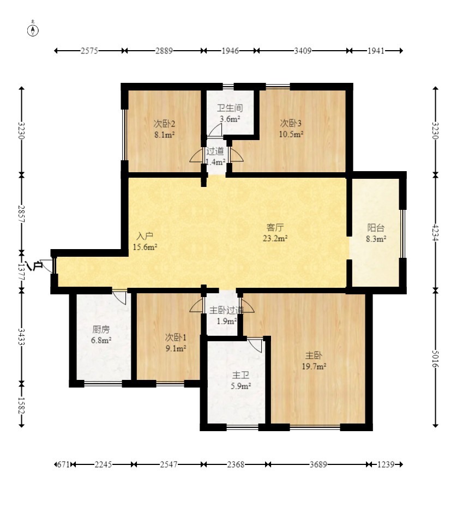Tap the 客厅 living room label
[x=275, y=227]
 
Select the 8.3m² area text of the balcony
[x=376, y=239]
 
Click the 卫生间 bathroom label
[x=230, y=108]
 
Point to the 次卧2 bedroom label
[x=164, y=124]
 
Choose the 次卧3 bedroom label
[x=291, y=123]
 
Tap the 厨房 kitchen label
[x=101, y=329]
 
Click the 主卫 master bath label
[x=241, y=375]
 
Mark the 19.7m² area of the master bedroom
[x=314, y=366]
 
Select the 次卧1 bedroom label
[x=176, y=337]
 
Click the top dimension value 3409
[x=303, y=51]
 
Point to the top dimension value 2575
[x=89, y=51]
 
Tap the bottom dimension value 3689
[x=318, y=464]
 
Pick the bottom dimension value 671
[x=63, y=464]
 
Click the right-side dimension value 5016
[x=435, y=359]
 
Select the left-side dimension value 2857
[x=22, y=214]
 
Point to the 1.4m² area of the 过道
[x=215, y=162]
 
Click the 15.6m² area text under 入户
[x=145, y=247]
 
